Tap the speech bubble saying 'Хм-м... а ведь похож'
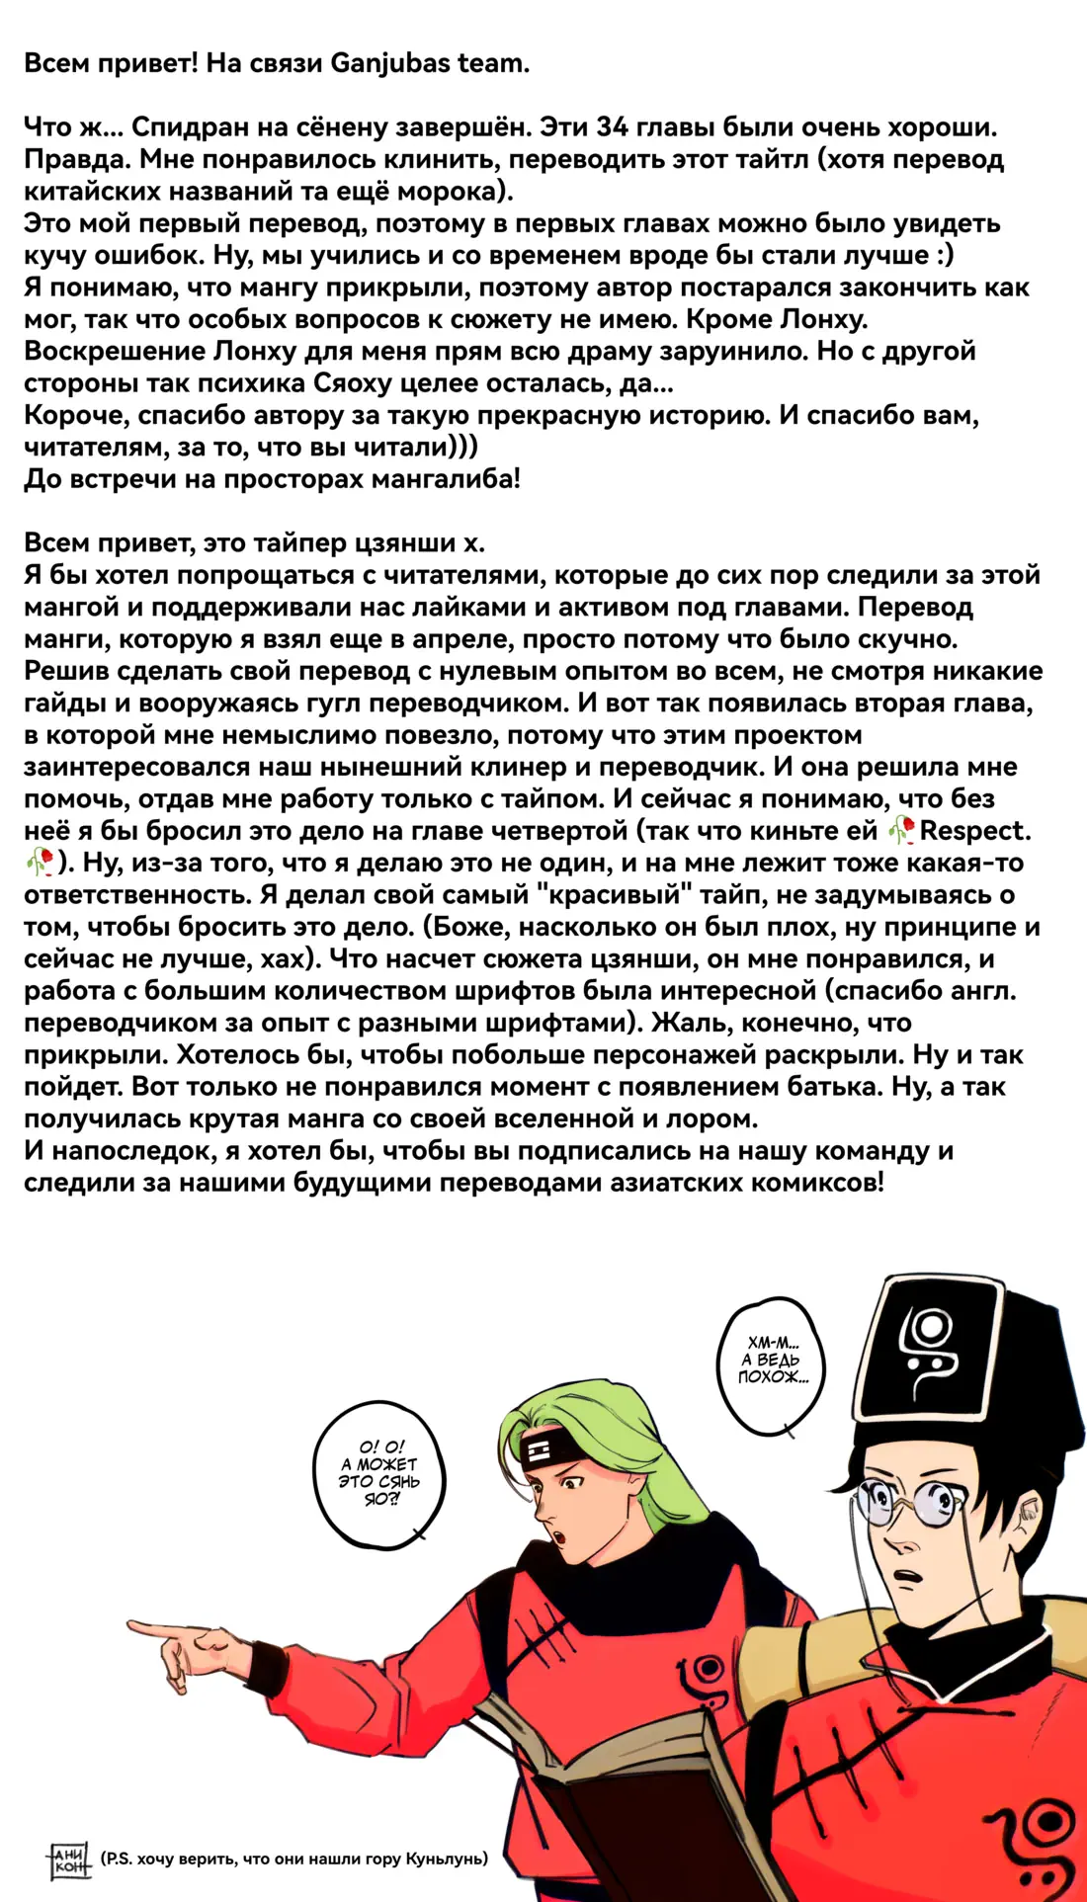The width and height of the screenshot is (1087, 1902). click(x=772, y=1361)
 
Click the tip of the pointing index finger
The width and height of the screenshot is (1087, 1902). click(x=131, y=1623)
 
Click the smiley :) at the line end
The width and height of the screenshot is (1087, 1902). click(x=943, y=256)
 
